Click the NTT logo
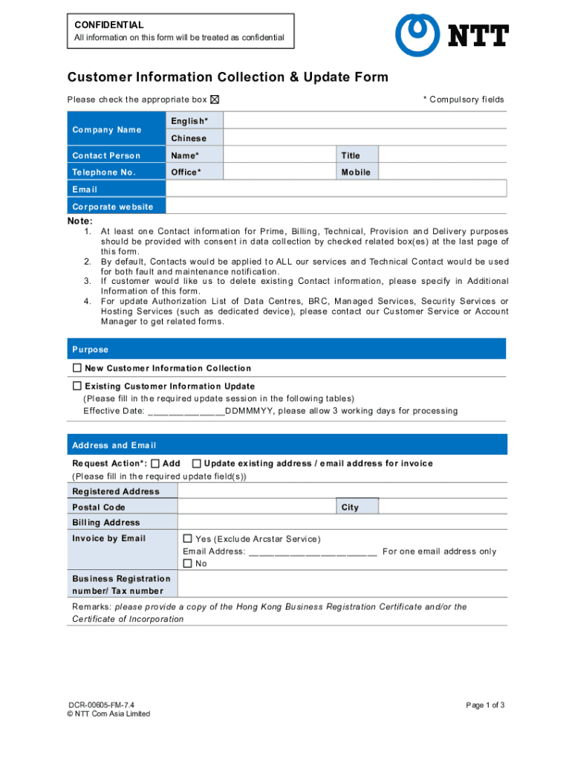click(452, 35)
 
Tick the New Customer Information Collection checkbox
click(77, 368)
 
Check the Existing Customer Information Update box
click(77, 386)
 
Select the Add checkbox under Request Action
click(155, 463)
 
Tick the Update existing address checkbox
click(196, 463)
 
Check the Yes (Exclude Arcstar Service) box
click(188, 539)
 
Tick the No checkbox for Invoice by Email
click(188, 563)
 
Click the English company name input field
click(365, 121)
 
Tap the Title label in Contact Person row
click(351, 155)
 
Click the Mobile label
click(356, 172)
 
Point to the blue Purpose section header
click(287, 349)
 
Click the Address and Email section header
click(287, 445)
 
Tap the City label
click(350, 508)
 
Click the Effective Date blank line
click(186, 411)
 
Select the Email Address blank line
click(313, 551)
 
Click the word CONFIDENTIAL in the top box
click(109, 25)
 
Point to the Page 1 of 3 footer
click(486, 705)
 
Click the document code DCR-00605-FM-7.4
click(102, 705)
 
